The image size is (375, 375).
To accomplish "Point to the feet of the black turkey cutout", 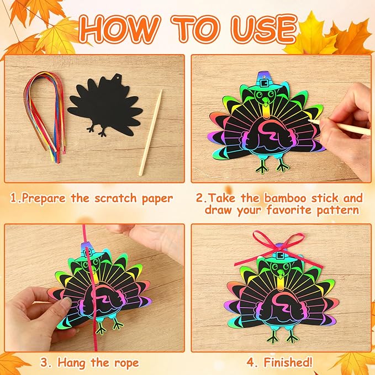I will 103,131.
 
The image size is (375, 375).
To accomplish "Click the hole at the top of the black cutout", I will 117,82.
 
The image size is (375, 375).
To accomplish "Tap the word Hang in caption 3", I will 67,362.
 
